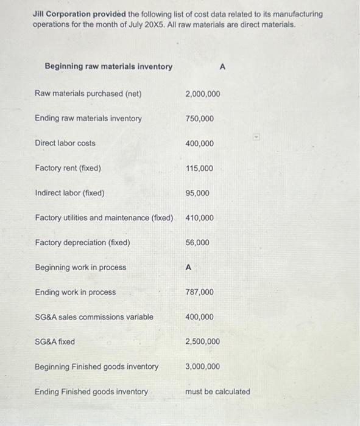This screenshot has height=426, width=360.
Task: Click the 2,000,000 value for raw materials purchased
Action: (203, 94)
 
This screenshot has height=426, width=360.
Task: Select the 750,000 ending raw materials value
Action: (199, 119)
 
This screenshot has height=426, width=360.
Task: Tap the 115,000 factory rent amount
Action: (199, 169)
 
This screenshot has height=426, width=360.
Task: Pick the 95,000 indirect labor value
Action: (197, 193)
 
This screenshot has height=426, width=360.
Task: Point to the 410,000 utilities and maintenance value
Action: (199, 218)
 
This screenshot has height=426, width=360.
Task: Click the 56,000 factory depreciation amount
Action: (197, 243)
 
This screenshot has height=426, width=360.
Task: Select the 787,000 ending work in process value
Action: (199, 292)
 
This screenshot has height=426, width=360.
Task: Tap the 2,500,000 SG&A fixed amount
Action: (203, 342)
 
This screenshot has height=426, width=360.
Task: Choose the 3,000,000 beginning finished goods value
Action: (203, 367)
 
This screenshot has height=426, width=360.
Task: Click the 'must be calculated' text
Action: (217, 392)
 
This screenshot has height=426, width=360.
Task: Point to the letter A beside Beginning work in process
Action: (189, 267)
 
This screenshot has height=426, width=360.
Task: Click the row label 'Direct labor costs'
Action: (65, 144)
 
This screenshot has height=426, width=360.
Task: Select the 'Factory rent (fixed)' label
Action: (68, 169)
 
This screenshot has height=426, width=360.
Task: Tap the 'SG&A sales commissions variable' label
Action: (94, 317)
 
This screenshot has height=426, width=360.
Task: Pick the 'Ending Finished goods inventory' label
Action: (91, 392)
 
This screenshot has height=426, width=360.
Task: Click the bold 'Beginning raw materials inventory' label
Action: (108, 66)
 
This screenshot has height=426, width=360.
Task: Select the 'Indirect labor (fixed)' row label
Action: (70, 193)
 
